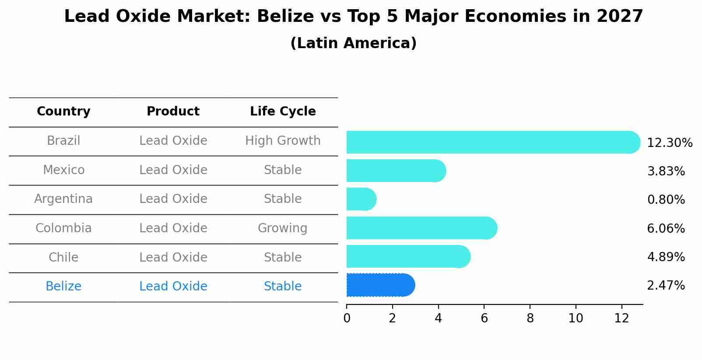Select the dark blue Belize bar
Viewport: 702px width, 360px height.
tap(380, 285)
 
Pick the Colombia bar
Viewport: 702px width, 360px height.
tap(421, 228)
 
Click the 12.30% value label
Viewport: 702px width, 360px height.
tap(670, 143)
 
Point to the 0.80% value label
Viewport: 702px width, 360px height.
tap(666, 200)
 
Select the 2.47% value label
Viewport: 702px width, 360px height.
tap(666, 286)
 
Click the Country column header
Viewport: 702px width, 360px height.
tap(63, 112)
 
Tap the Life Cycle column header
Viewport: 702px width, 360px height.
tap(283, 112)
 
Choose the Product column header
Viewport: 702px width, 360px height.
tap(173, 112)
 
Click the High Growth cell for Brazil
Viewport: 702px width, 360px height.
tap(283, 141)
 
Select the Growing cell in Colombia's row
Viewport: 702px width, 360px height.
tap(283, 228)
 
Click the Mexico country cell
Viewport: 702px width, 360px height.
tap(63, 170)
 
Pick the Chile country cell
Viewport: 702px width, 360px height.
tap(63, 257)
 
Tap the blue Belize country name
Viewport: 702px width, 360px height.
tap(63, 287)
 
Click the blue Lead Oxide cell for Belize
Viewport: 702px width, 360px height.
tap(173, 287)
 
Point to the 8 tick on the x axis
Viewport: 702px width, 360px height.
tap(530, 318)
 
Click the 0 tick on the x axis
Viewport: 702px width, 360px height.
tap(347, 318)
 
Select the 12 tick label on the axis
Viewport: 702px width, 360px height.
tap(621, 318)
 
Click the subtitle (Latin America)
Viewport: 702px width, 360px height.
tap(353, 43)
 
